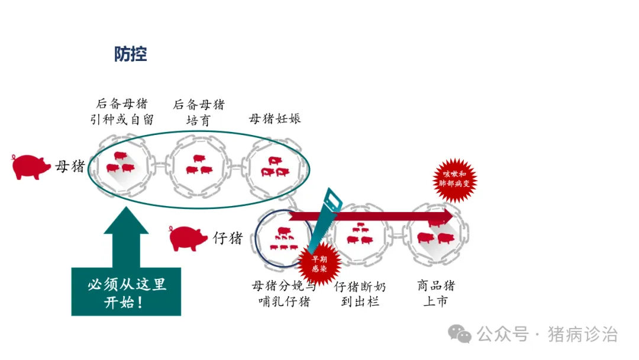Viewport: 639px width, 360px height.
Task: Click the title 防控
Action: coord(130,54)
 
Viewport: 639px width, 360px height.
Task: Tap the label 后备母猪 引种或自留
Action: coord(124,111)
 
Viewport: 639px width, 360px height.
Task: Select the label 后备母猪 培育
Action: coord(199,112)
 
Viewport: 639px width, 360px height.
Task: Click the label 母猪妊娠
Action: coord(275,118)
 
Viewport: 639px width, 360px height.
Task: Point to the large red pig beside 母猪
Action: coord(31,166)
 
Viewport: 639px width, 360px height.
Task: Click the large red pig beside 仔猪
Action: coord(188,237)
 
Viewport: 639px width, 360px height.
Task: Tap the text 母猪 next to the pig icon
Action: coord(70,166)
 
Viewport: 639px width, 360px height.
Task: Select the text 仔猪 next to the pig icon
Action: coord(228,238)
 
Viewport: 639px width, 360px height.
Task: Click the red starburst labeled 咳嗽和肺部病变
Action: coord(454,179)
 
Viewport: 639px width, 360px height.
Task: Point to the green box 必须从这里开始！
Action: coord(126,292)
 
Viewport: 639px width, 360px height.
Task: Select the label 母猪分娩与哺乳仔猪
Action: coord(284,294)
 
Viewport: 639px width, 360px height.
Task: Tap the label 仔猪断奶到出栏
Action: coord(360,294)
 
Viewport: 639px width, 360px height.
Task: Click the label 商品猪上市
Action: coord(435,294)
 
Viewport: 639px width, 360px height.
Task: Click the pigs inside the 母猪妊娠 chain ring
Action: coord(276,167)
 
